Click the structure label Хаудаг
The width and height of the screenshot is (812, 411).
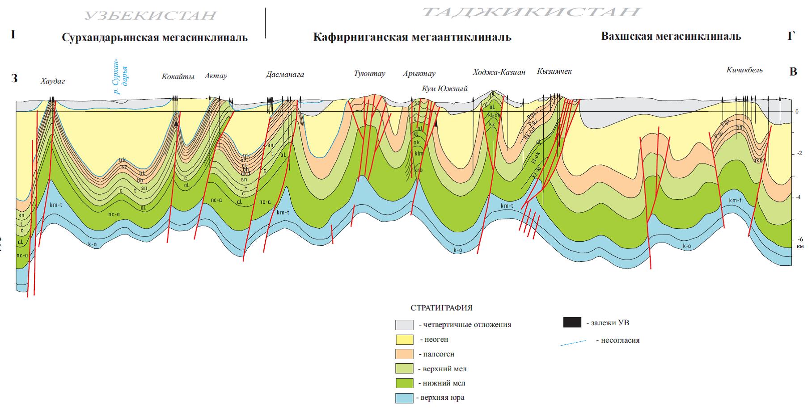(x=53, y=81)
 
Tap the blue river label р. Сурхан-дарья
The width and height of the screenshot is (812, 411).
(x=121, y=76)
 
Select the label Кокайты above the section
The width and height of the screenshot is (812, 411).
(x=178, y=76)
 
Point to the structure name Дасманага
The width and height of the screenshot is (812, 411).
(x=285, y=74)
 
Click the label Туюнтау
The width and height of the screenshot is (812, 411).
(x=369, y=74)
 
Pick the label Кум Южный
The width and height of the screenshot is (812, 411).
(x=444, y=88)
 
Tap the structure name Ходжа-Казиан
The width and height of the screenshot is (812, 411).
(x=499, y=72)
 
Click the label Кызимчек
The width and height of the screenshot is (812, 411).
(x=554, y=71)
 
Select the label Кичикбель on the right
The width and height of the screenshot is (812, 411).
(x=744, y=70)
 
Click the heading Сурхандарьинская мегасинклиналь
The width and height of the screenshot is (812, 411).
(x=155, y=37)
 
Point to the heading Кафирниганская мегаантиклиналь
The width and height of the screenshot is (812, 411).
(x=412, y=37)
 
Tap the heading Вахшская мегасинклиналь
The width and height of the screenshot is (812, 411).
(x=671, y=36)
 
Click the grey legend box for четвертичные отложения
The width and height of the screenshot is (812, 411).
(x=404, y=324)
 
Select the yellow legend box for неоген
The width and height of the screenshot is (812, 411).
(x=404, y=340)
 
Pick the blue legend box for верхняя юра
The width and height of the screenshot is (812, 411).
(x=404, y=398)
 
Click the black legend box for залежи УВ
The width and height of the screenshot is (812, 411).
(x=572, y=323)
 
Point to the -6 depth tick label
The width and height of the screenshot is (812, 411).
(x=799, y=239)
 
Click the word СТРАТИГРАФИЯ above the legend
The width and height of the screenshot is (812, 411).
(x=441, y=308)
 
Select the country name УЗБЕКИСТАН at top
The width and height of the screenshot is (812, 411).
(x=151, y=16)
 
